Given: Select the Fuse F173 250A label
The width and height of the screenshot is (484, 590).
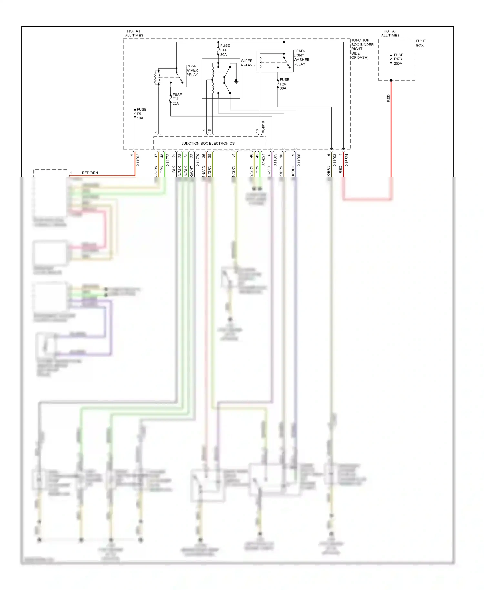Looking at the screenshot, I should click(398, 59).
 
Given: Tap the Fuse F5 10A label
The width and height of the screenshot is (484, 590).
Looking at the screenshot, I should click(141, 114).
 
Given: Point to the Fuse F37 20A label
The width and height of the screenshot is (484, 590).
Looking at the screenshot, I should click(177, 99).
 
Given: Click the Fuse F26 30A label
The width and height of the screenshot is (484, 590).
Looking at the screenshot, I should click(284, 84).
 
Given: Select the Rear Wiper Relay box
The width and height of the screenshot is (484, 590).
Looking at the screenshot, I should click(169, 76).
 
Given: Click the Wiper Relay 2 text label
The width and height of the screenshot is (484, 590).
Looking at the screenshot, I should click(248, 63).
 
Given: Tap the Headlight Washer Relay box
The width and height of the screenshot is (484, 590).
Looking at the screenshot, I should click(274, 61).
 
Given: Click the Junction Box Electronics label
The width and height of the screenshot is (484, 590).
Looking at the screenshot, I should click(208, 143).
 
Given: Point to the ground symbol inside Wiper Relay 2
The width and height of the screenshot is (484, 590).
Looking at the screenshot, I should click(236, 81).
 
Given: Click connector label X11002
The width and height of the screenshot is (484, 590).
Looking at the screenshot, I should click(138, 160).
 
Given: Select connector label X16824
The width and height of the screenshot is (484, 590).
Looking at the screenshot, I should click(347, 160).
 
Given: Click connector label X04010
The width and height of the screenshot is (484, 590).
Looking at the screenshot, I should click(263, 127).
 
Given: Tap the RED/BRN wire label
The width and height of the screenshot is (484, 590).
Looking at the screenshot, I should click(90, 173).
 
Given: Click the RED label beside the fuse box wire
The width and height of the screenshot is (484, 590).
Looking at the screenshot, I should click(388, 98).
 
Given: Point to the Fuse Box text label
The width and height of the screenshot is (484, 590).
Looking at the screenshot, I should click(420, 43).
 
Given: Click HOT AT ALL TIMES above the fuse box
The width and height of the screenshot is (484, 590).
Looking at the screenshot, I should click(390, 33).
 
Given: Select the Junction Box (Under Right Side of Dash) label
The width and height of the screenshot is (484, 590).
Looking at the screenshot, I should click(362, 49).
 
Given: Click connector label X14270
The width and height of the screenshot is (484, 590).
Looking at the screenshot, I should click(197, 160).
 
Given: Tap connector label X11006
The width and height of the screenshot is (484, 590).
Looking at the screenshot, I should click(299, 160).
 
